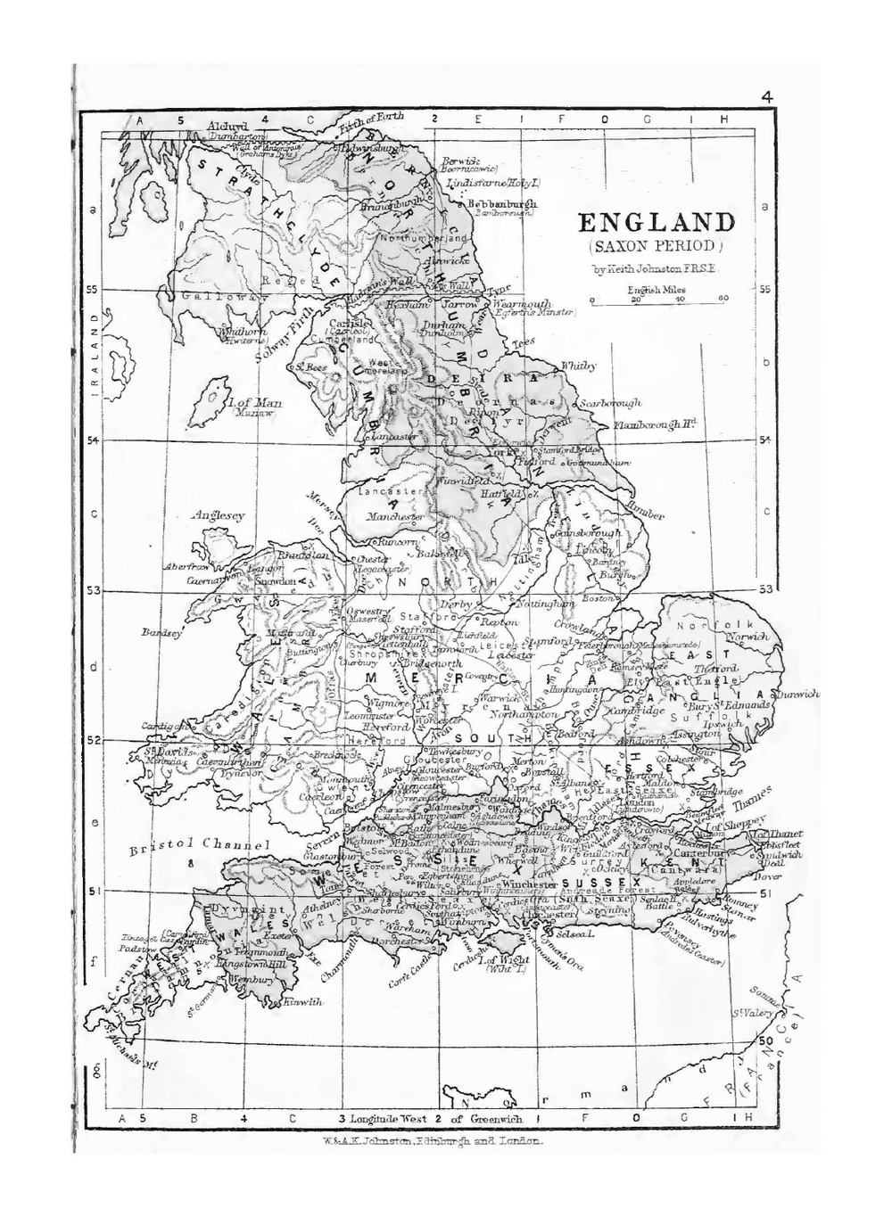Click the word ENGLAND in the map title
[657, 223]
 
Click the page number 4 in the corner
[767, 98]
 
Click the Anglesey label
[218, 515]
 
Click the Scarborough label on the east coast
[610, 403]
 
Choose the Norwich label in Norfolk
[747, 637]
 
